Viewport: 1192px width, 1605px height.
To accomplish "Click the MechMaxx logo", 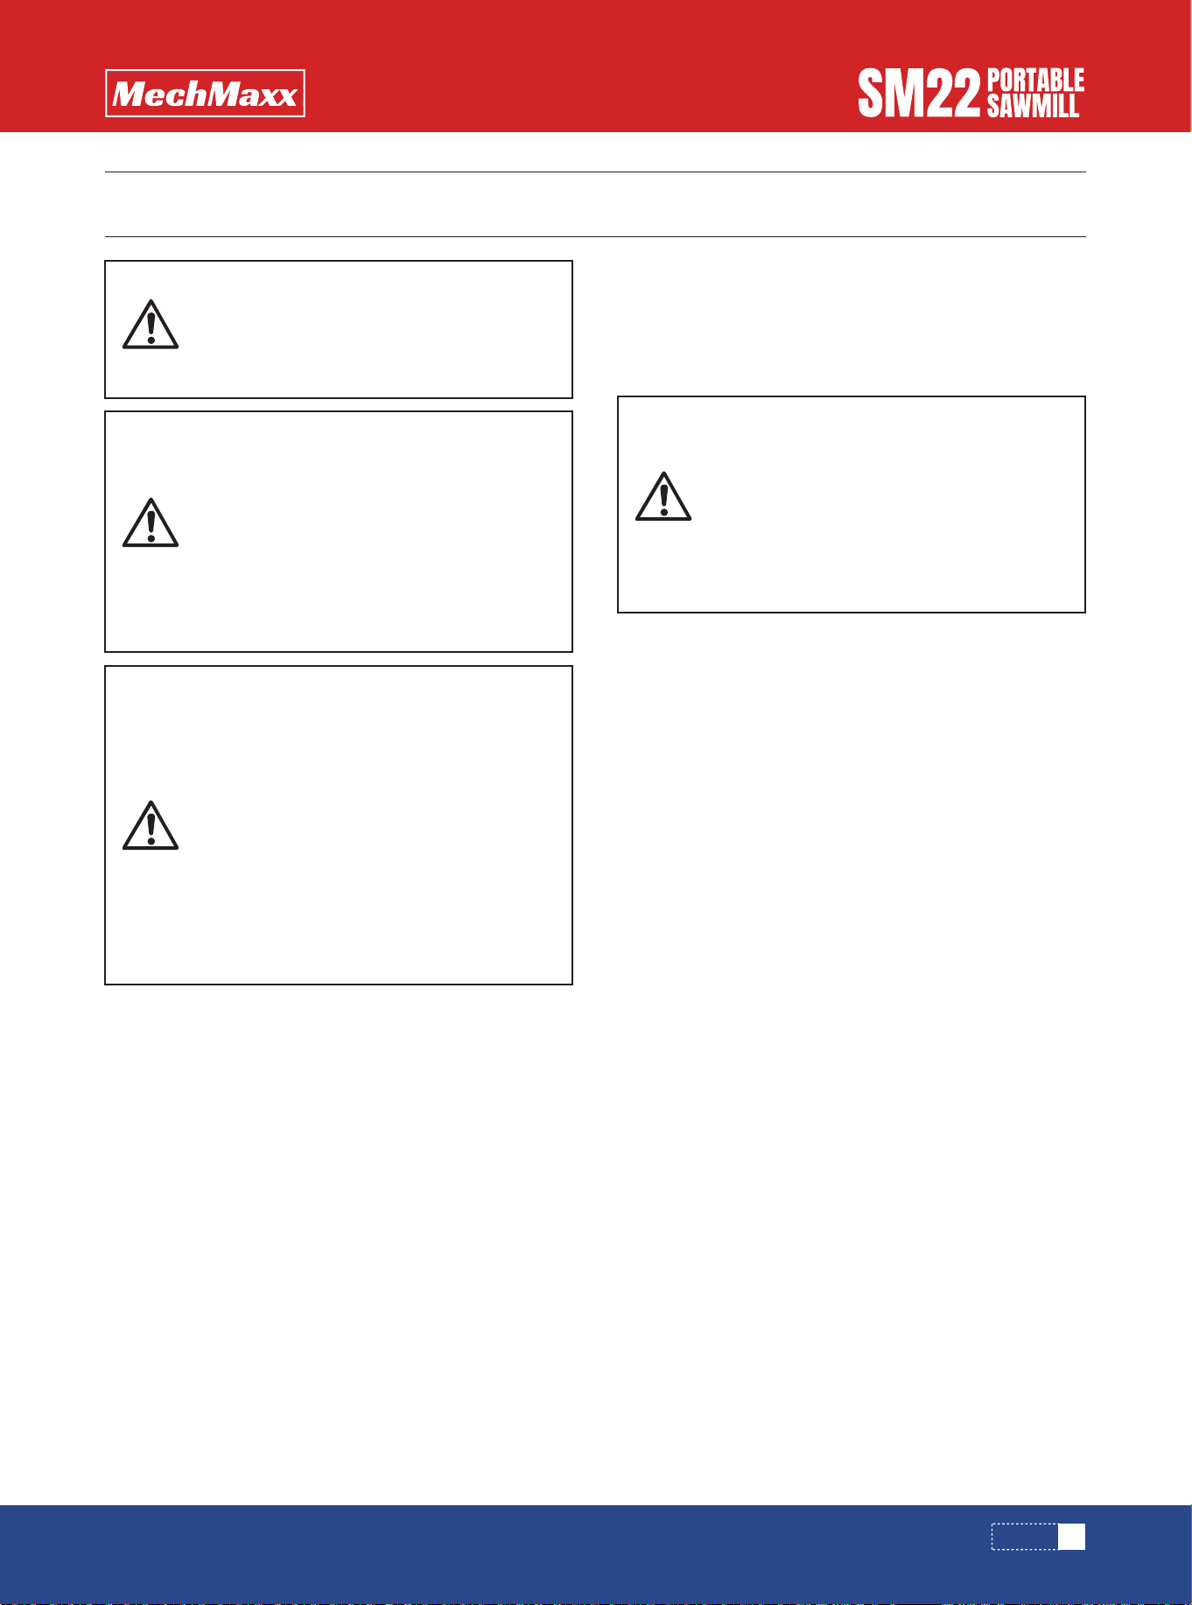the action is (205, 94).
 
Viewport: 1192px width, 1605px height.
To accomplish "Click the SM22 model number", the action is (918, 95).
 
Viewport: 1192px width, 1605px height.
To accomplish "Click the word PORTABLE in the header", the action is (1036, 81).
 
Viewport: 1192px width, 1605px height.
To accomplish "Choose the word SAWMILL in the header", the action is (1034, 106).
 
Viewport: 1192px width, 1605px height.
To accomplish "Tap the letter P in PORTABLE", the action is (994, 81).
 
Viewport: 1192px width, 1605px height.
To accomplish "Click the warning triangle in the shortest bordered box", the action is (151, 325).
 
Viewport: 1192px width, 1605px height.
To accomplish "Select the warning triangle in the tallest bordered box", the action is (151, 825).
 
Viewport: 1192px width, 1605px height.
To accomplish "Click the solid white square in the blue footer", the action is (1072, 1537).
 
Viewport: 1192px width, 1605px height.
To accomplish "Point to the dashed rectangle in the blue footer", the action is (1025, 1524).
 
